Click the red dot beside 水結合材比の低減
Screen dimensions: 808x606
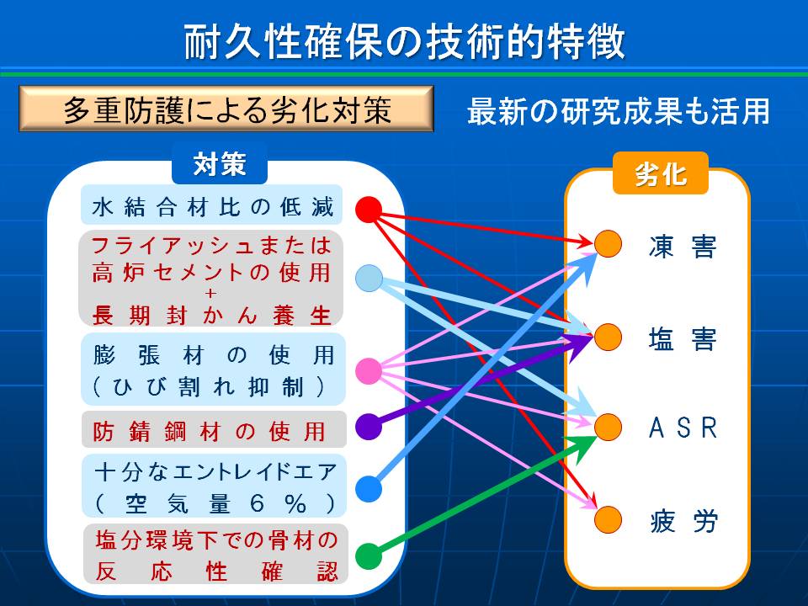(369, 210)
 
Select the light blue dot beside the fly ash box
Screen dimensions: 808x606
(369, 278)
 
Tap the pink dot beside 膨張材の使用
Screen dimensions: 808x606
(369, 370)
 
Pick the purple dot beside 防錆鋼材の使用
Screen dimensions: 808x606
(369, 426)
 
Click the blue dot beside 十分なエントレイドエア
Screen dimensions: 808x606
(369, 488)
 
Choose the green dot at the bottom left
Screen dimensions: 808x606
(369, 556)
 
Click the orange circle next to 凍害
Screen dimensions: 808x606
(608, 243)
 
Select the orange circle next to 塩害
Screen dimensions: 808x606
(608, 337)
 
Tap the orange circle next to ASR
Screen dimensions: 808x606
(608, 428)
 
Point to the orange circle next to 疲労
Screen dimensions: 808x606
(608, 519)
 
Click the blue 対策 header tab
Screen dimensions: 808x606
(220, 164)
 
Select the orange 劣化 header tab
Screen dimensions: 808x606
(661, 174)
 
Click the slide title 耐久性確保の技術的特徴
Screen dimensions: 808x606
(405, 41)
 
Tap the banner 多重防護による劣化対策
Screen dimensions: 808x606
(226, 109)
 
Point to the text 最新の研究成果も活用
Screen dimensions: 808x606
(619, 110)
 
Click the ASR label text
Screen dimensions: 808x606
(683, 428)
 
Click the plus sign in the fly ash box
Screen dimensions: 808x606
(210, 294)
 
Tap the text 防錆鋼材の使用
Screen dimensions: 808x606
(210, 431)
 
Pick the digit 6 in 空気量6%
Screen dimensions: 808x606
(258, 503)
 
